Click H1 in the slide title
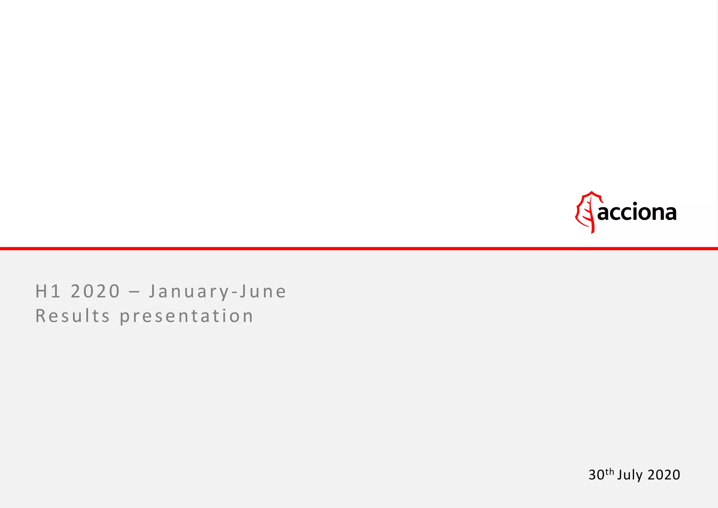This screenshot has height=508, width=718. point(48,292)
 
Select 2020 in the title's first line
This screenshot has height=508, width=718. point(95,292)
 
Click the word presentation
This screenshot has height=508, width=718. point(187,317)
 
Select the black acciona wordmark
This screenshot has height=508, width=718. point(637,213)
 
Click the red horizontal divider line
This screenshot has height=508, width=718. point(359,249)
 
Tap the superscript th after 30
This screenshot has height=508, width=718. point(610,472)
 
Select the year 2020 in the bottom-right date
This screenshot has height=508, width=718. point(664,475)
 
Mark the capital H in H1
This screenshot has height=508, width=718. point(41,292)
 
